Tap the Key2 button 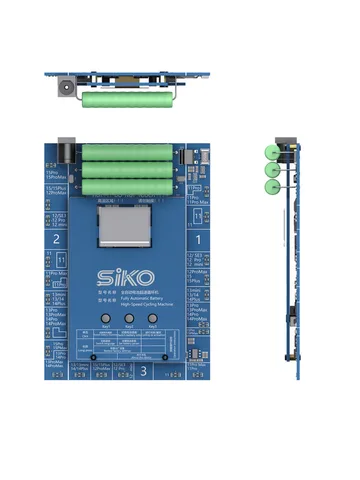pyautogui.click(x=129, y=319)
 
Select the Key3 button pyautogui.click(x=152, y=319)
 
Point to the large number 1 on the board pyautogui.click(x=197, y=240)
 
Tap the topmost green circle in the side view pyautogui.click(x=271, y=152)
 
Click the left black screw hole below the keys pyautogui.click(x=93, y=356)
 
